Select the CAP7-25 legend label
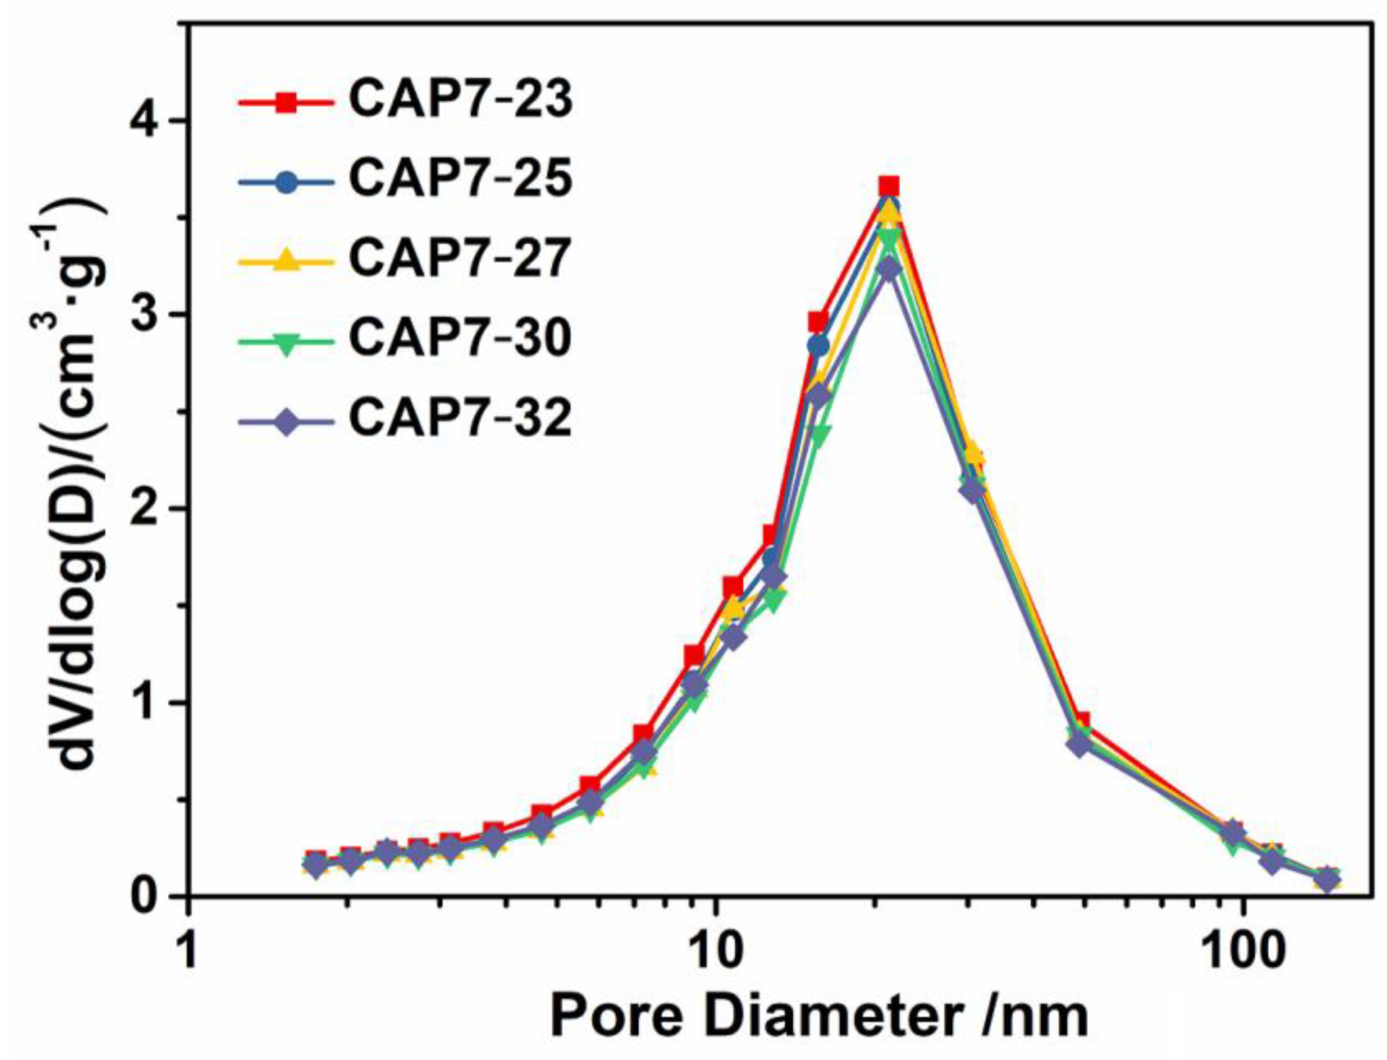461,180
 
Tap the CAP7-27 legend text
461,259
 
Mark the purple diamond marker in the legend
287,421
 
